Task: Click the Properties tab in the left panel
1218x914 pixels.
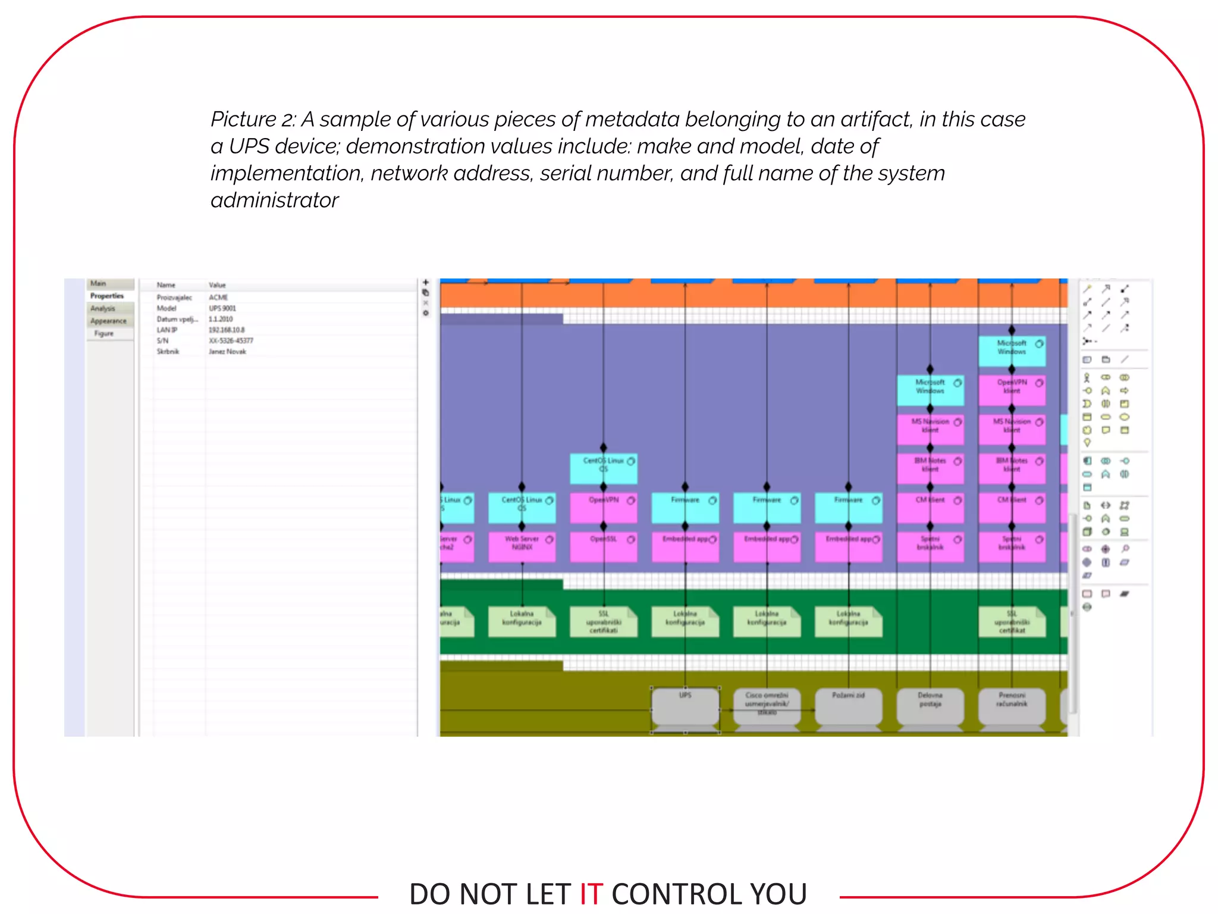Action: (107, 296)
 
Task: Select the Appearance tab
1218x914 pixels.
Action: (108, 321)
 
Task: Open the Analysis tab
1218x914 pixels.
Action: (103, 308)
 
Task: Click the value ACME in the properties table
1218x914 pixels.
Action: (218, 298)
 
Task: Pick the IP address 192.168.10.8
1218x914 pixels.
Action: (227, 330)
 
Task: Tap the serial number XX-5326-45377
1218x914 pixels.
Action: (231, 340)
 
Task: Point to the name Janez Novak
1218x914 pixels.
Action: (227, 352)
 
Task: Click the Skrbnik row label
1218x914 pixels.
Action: (168, 352)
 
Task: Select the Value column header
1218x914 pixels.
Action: (217, 285)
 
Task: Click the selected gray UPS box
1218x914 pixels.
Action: (685, 708)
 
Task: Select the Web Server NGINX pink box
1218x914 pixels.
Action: (522, 546)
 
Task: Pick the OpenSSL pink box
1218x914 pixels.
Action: (603, 546)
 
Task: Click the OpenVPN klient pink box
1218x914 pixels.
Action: (1012, 389)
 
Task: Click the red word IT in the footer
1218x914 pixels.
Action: (591, 894)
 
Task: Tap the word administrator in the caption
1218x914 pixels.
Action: (274, 201)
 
